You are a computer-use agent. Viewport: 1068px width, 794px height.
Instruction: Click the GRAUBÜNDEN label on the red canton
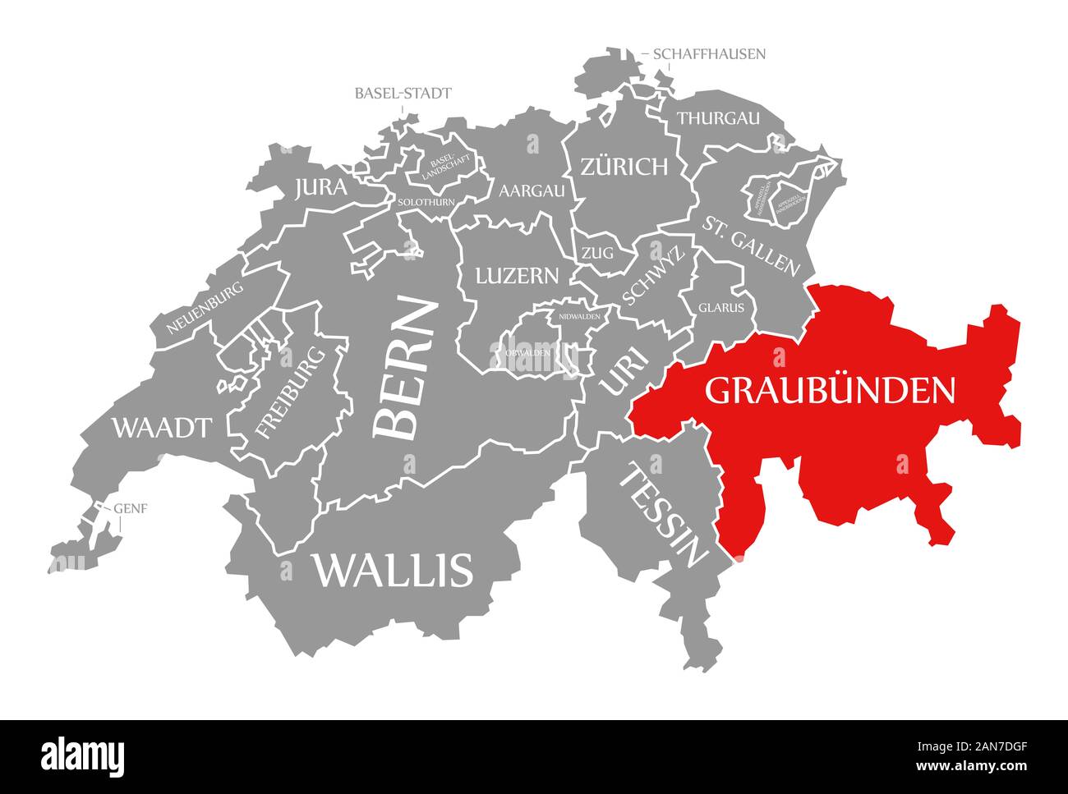pos(830,390)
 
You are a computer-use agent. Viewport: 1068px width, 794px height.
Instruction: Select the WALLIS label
pos(392,569)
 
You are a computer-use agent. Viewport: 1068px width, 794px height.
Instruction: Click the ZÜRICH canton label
pos(624,168)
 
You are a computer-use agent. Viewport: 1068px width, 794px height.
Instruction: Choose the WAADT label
pos(162,427)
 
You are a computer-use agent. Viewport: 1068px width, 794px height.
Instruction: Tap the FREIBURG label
pos(290,392)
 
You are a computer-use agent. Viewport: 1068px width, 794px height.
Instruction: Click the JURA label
pos(320,188)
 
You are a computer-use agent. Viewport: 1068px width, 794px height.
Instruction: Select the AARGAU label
pos(532,190)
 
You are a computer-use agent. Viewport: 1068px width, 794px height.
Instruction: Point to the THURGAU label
pos(718,118)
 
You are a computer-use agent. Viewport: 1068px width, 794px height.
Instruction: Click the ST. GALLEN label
pos(750,244)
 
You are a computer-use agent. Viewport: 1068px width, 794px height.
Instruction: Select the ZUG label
pos(597,253)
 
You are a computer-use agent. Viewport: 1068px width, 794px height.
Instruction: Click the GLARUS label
pos(721,308)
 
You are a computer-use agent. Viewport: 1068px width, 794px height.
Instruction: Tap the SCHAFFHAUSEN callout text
pos(709,54)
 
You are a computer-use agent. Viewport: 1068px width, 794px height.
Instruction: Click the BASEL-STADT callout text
pos(403,93)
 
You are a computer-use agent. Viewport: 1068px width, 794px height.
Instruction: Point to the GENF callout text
pos(131,507)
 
